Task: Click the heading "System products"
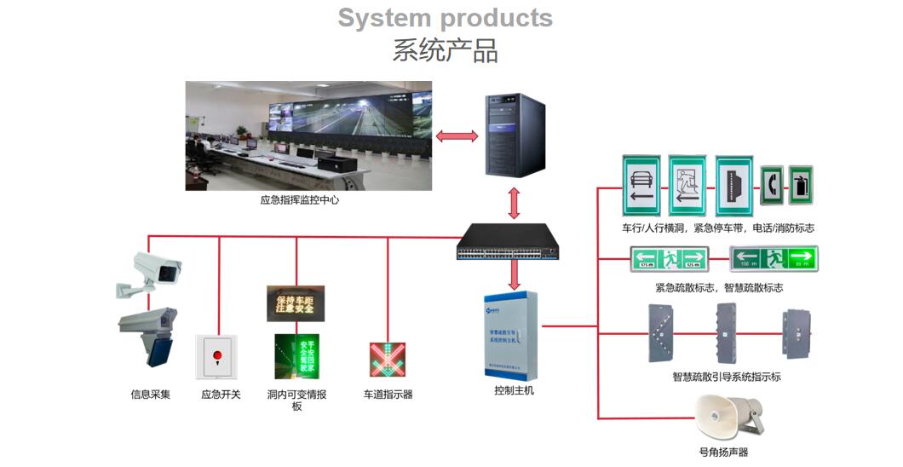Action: pos(445,17)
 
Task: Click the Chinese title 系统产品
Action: pos(445,50)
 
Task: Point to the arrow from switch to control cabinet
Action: pos(514,275)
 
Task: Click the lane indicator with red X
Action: pos(388,359)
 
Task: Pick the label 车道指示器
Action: pos(388,395)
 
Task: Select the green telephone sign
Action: pos(772,185)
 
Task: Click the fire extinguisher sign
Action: pos(801,185)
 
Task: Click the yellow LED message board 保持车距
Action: pos(296,303)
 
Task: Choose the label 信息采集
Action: pos(150,395)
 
